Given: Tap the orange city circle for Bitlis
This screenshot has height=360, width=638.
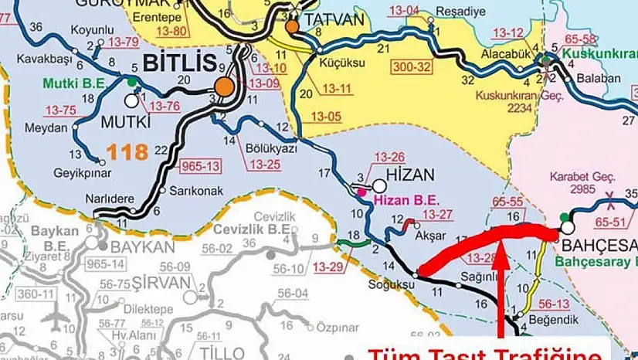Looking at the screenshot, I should [x=225, y=87].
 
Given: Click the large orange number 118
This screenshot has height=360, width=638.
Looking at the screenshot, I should [x=127, y=151].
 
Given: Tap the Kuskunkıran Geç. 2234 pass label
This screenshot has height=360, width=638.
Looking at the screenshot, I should [x=506, y=102].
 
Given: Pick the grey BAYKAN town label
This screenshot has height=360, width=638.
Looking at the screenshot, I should [x=143, y=247].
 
